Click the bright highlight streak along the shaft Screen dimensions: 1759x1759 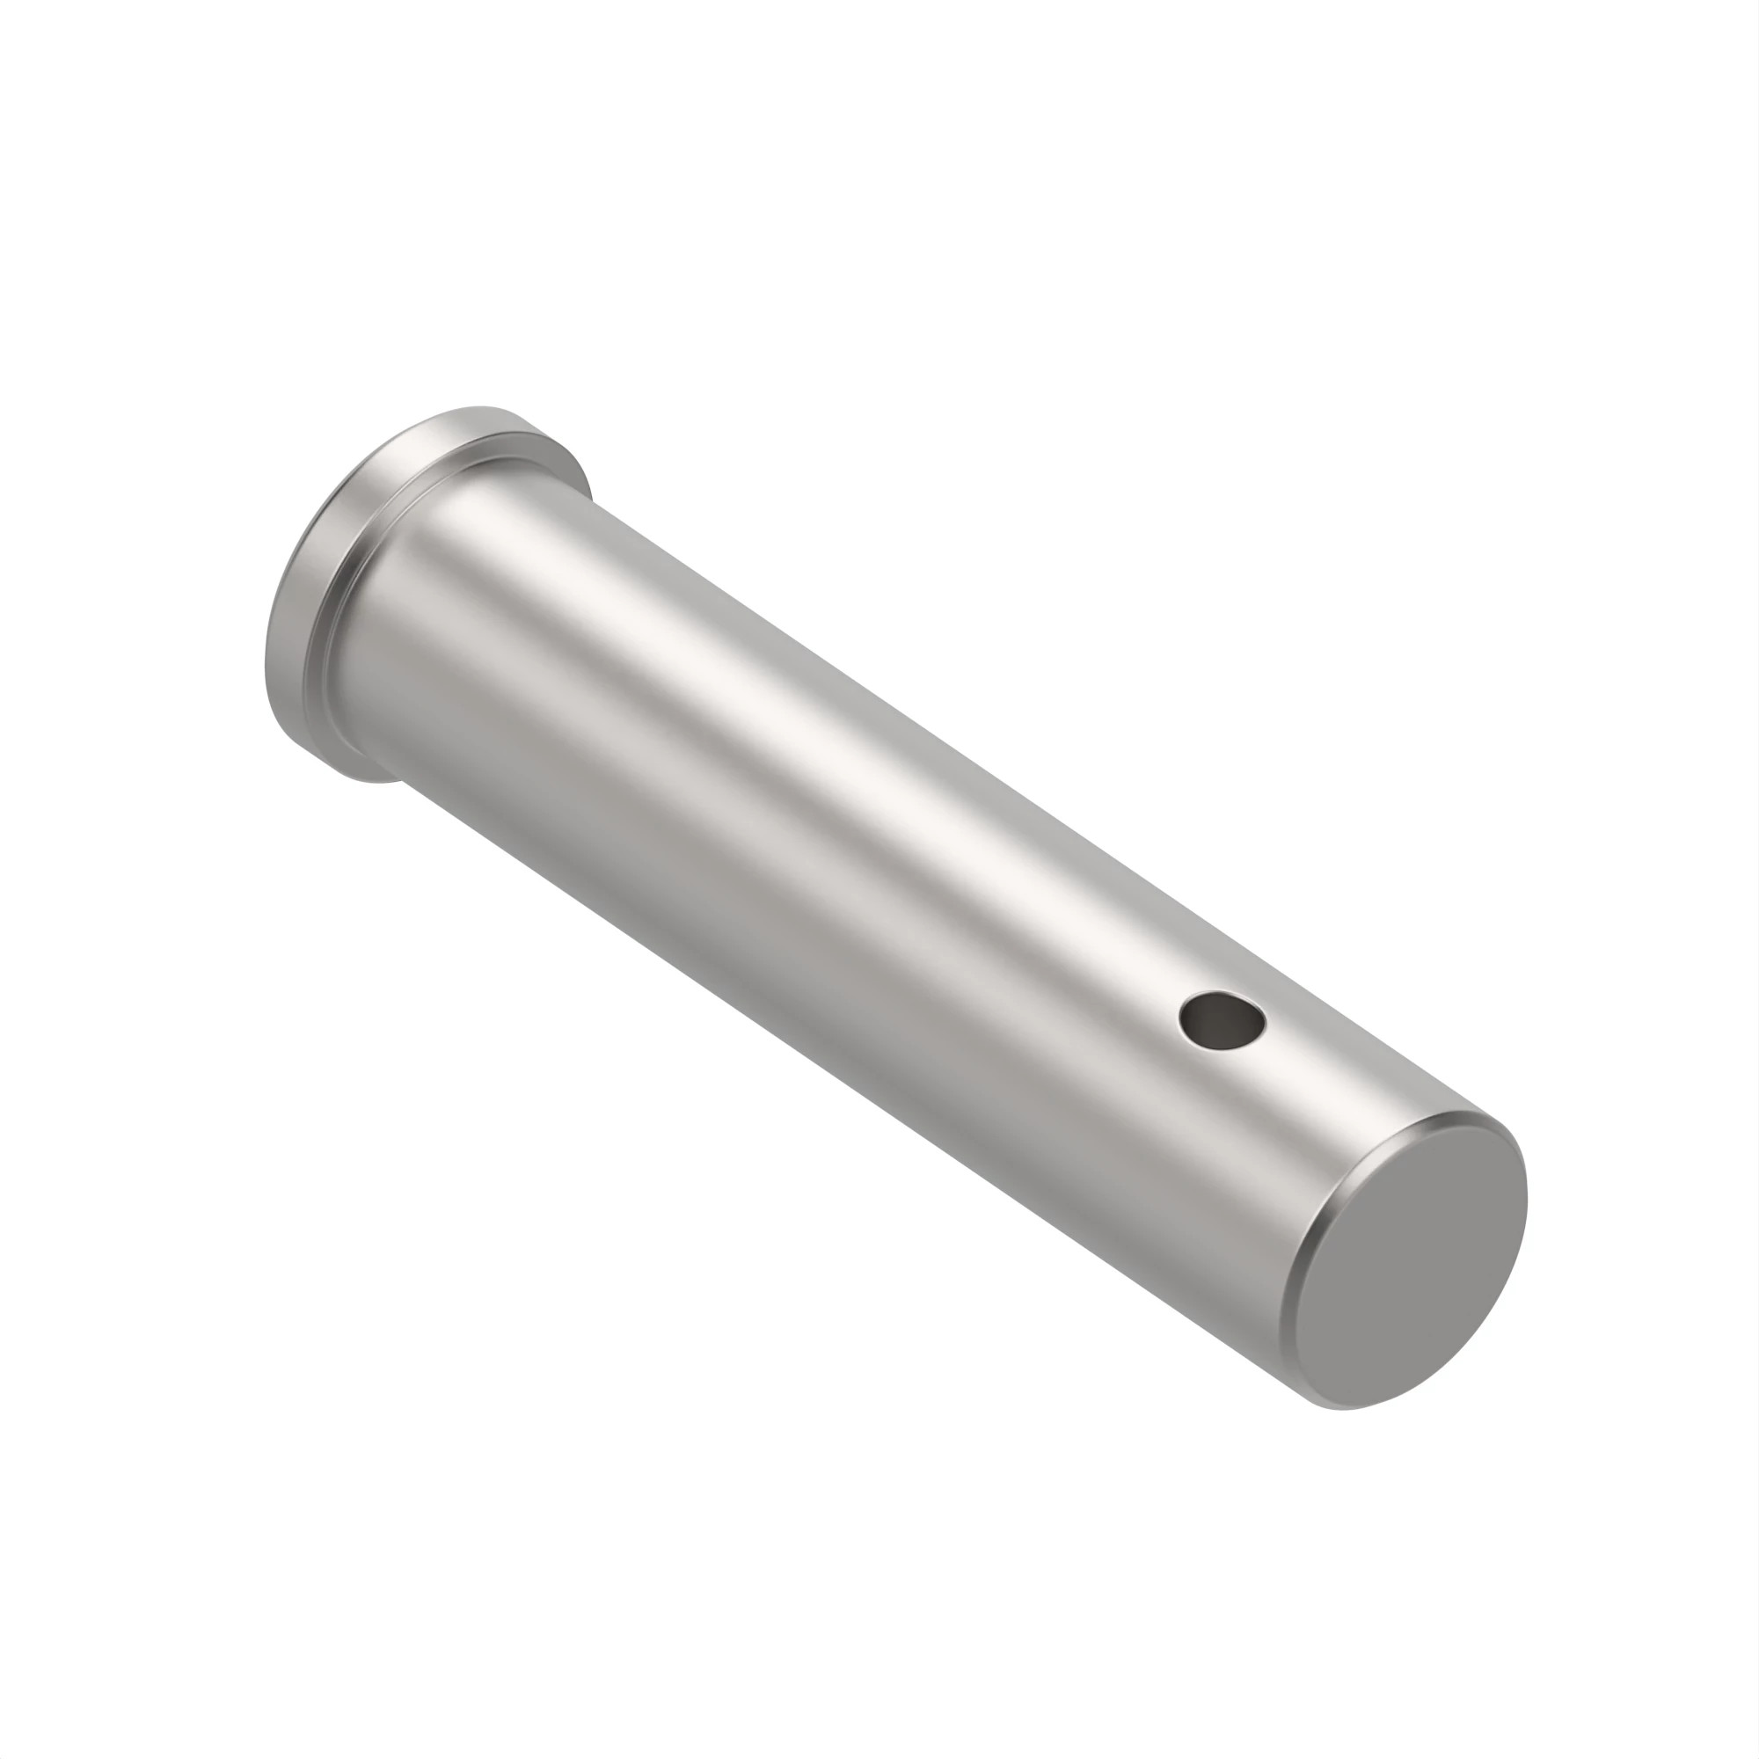coord(820,728)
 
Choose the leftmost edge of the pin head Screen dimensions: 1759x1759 coord(266,655)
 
